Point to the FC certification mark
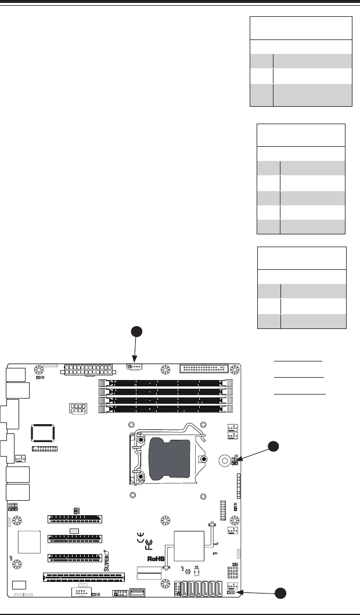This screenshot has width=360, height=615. pyautogui.click(x=149, y=545)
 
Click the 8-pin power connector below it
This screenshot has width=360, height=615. pyautogui.click(x=77, y=408)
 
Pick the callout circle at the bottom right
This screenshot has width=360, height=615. pyautogui.click(x=281, y=593)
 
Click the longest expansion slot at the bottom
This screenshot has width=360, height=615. pyautogui.click(x=84, y=577)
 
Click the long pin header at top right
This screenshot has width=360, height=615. pyautogui.click(x=204, y=368)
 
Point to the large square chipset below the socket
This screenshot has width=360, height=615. pyautogui.click(x=189, y=545)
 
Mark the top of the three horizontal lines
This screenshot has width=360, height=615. pyautogui.click(x=298, y=361)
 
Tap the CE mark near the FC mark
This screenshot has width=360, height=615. pyautogui.click(x=141, y=536)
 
